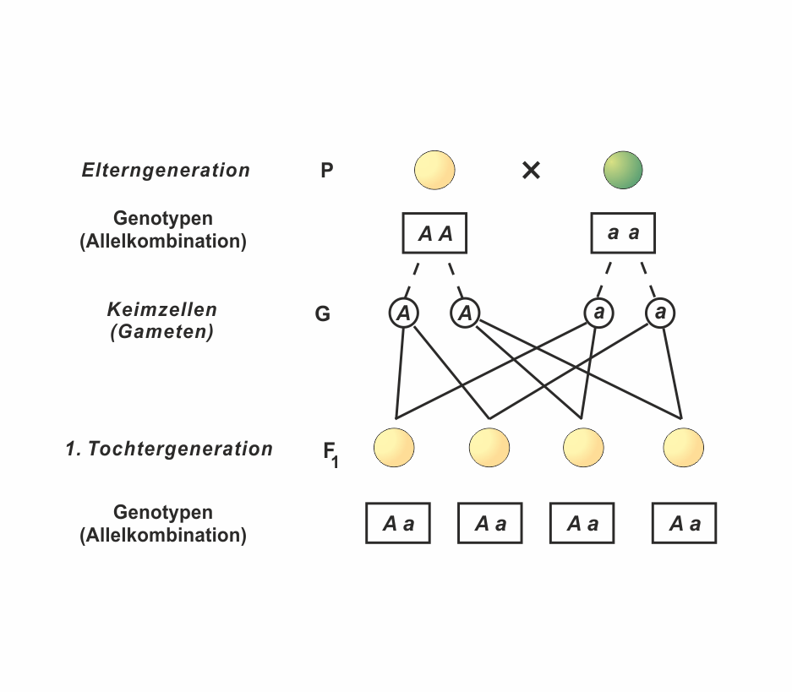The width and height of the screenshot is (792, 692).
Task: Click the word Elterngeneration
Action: point(166,170)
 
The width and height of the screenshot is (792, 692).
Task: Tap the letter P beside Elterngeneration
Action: point(327,171)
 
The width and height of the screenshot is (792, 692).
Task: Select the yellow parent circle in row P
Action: point(434,170)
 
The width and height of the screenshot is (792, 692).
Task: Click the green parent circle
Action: point(623,170)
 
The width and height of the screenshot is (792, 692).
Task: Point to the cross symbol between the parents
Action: point(531,171)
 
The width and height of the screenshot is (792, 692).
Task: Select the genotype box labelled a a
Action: point(623,233)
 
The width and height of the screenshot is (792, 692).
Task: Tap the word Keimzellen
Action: point(162,309)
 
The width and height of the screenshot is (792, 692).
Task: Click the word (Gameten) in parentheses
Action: point(162,332)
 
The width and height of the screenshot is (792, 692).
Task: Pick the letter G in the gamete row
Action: point(322,315)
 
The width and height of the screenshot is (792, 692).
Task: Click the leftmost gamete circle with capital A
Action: point(404,313)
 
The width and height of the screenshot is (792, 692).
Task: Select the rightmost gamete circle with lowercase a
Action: point(660,313)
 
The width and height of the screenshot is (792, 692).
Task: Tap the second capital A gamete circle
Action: point(465,313)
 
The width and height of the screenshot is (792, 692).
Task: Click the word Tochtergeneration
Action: point(181,449)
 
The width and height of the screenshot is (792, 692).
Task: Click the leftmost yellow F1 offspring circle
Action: point(394,448)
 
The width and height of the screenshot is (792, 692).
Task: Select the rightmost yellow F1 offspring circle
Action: point(683,448)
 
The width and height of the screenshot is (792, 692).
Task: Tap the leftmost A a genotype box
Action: point(397,523)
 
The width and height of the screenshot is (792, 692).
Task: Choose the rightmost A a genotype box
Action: point(684,523)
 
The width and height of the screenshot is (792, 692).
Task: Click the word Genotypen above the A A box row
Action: point(163,219)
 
